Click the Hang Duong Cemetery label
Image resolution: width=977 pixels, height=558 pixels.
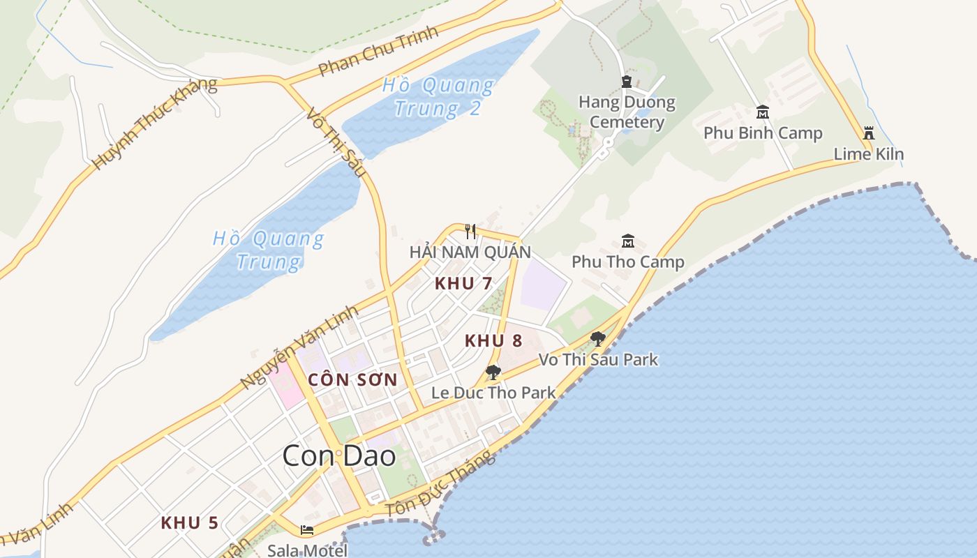[x=627, y=112]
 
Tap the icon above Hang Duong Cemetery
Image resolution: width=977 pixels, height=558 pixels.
[x=626, y=82]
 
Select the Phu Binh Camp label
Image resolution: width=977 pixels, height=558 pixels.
[x=763, y=133]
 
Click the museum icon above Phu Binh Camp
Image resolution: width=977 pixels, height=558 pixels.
[x=763, y=112]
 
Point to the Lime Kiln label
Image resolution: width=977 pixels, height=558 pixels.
[x=869, y=154]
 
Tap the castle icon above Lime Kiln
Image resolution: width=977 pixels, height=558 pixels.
[x=869, y=133]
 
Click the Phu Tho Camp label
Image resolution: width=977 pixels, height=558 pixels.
[x=628, y=262]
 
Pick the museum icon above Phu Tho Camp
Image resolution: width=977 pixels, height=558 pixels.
[x=628, y=241]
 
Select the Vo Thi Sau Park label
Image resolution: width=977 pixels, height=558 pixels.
[x=598, y=359]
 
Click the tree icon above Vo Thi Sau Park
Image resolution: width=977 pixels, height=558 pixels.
[x=597, y=339]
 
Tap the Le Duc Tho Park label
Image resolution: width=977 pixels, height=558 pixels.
[x=493, y=392]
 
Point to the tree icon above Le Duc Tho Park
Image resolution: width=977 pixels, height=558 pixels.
[x=493, y=372]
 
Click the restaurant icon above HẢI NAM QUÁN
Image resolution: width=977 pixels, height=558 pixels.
[x=470, y=231]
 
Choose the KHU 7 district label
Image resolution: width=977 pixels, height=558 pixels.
[x=463, y=283]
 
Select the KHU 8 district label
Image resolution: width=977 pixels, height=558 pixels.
[x=493, y=340]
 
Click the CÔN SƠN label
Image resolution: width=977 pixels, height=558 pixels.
[x=352, y=380]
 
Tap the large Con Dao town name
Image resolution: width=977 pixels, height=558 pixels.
[x=339, y=456]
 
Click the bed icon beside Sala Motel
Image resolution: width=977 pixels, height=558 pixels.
[x=306, y=530]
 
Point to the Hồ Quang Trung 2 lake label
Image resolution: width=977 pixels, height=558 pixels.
[x=438, y=97]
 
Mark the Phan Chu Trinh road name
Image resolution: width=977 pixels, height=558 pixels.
[x=378, y=51]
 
